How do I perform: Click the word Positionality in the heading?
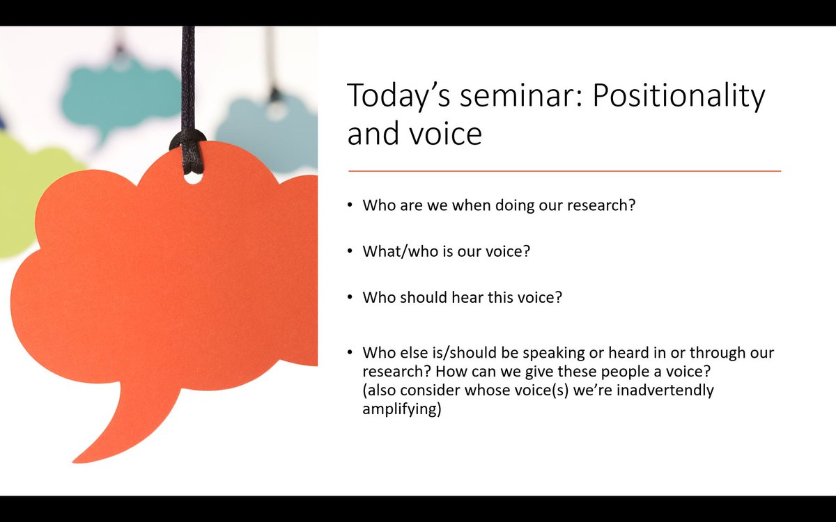click(x=679, y=95)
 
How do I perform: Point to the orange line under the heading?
click(x=564, y=171)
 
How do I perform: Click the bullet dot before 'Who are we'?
click(x=350, y=206)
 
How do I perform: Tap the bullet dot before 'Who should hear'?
click(x=350, y=297)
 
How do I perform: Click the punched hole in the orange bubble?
click(x=193, y=177)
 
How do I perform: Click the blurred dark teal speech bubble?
click(x=118, y=97)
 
